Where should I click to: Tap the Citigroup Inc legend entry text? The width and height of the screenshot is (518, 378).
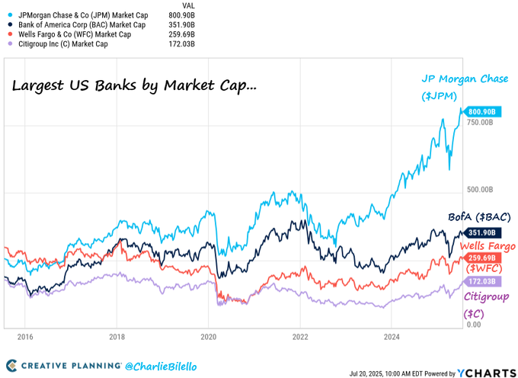69,43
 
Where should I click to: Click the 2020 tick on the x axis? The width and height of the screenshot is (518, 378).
209,336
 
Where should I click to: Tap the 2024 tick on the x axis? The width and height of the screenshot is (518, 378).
392,336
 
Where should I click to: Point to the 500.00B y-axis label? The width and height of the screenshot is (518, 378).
480,190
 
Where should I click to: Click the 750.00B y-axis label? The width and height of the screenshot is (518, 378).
480,123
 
